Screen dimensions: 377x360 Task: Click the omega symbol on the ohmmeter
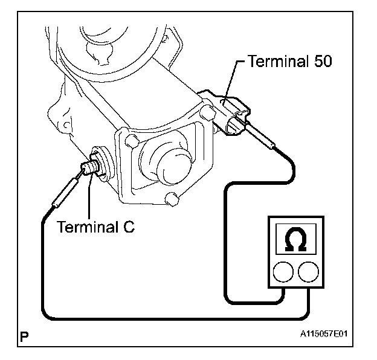(295, 239)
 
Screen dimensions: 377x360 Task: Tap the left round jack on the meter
(283, 272)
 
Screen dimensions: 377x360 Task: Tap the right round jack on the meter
(309, 272)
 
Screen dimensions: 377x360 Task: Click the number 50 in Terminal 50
(323, 61)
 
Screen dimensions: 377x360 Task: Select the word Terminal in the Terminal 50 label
(278, 61)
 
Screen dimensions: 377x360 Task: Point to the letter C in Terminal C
(129, 227)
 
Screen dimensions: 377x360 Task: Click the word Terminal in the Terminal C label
(87, 227)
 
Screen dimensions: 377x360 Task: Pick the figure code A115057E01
(324, 334)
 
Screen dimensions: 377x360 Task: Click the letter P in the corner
(24, 336)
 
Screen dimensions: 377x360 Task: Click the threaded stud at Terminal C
(89, 167)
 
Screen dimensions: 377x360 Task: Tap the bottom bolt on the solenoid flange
(172, 199)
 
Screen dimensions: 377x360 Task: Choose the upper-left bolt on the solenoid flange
(132, 141)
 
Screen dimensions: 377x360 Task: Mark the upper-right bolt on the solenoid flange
(207, 111)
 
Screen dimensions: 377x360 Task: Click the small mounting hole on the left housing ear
(67, 125)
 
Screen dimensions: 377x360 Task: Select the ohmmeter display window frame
(295, 223)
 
